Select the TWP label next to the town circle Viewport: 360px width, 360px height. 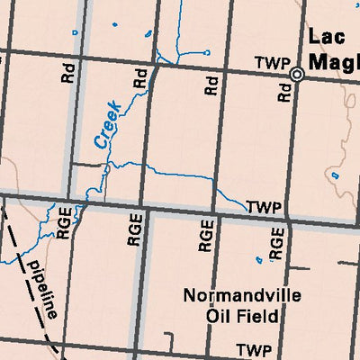point(271,63)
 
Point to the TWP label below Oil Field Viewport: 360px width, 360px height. point(253,349)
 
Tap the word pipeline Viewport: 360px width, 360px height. point(42,291)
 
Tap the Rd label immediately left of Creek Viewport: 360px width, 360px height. point(67,74)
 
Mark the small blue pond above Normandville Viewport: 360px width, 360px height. point(258,260)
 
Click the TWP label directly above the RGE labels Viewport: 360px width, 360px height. point(265,207)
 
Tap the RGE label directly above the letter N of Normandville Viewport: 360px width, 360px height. point(205,234)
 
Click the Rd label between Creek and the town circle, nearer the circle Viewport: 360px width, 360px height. point(212,85)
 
